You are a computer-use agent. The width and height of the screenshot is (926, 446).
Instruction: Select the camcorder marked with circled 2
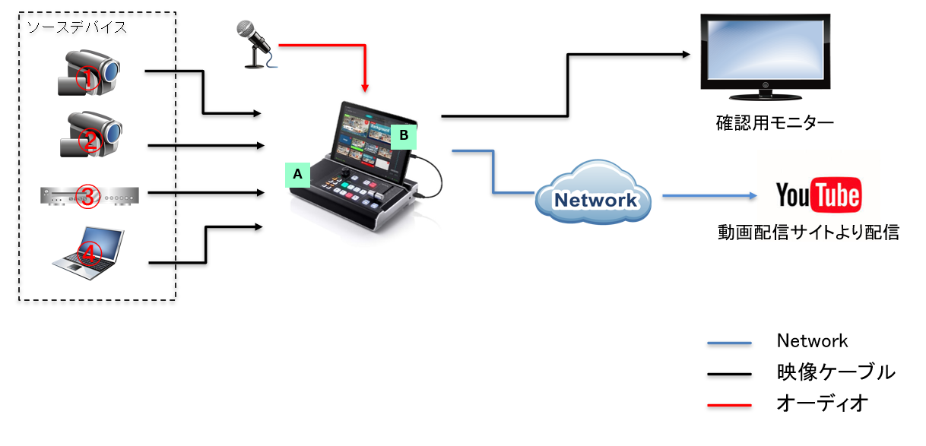[90, 134]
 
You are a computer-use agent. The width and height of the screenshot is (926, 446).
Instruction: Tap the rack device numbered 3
[90, 197]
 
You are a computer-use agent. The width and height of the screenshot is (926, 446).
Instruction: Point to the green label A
[297, 174]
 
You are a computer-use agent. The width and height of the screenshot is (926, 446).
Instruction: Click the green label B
[404, 135]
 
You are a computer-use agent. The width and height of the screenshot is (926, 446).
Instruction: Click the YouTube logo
[818, 195]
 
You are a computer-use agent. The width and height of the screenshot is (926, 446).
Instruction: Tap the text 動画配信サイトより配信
[809, 232]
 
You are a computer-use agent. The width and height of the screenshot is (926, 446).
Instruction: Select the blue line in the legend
[728, 343]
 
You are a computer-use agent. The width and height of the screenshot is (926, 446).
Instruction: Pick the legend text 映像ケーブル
[836, 372]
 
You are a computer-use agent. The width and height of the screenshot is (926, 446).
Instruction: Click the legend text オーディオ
[822, 403]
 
